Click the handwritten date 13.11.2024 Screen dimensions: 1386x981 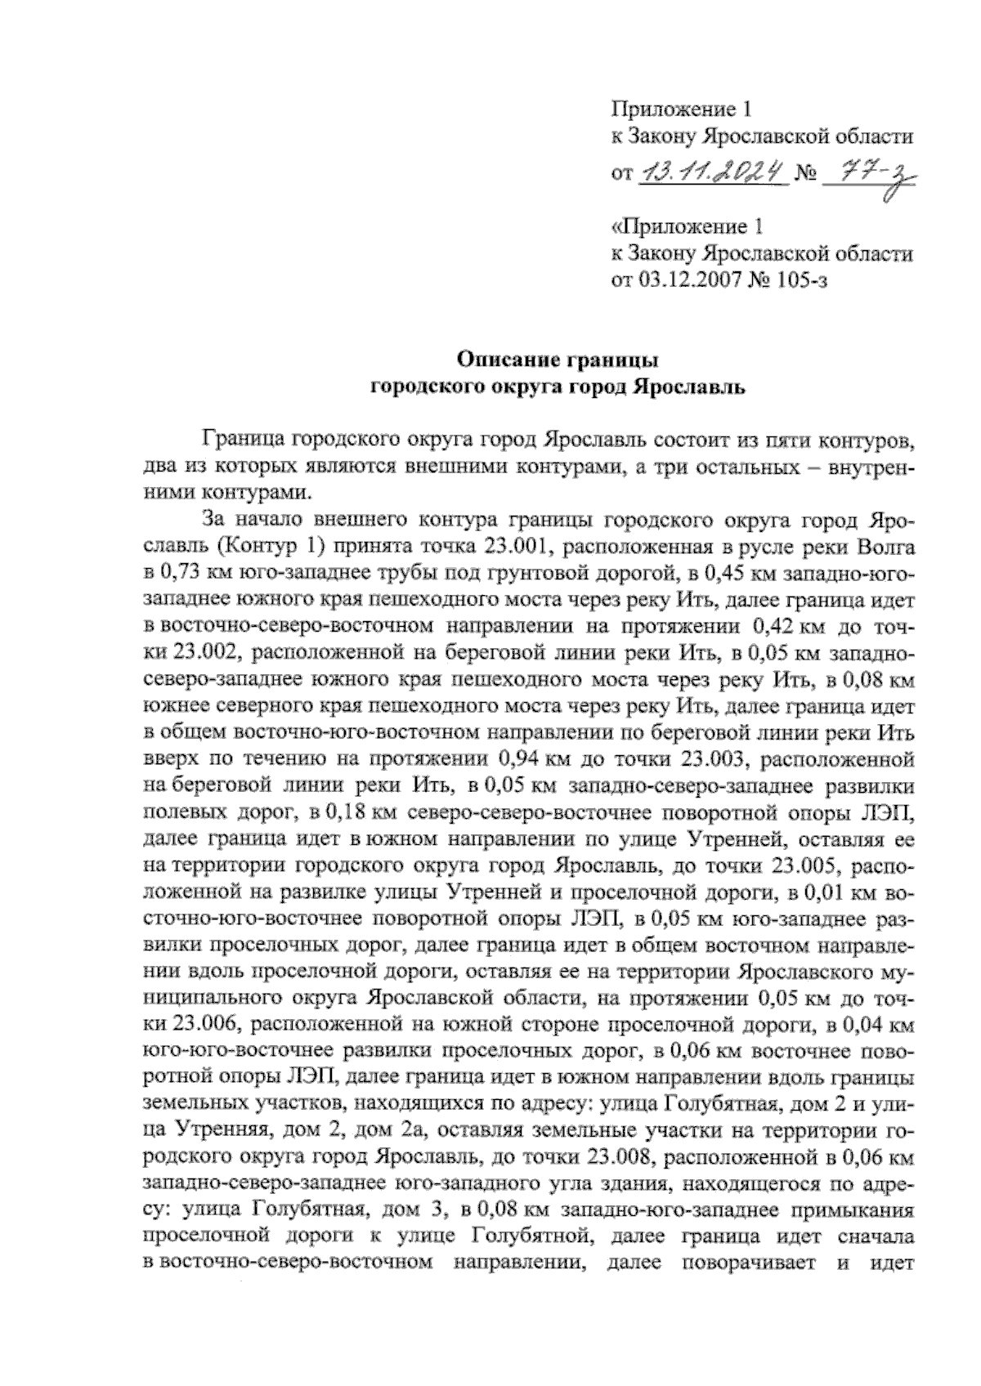coord(710,173)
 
